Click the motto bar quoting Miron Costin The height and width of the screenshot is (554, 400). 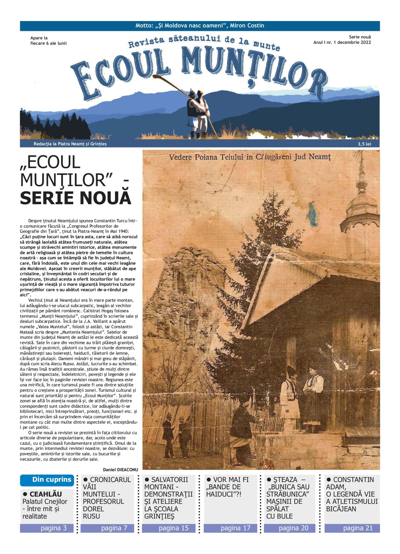tap(200, 26)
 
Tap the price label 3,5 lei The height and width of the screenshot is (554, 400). tap(364, 144)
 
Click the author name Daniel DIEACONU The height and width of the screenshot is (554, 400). tap(120, 470)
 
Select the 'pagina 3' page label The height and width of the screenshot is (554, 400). tap(53, 528)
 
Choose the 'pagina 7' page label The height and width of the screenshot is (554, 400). tap(114, 528)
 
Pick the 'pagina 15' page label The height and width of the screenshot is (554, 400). tap(173, 528)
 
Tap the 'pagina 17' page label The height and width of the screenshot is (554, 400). tap(235, 528)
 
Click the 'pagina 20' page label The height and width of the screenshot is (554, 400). tap(293, 528)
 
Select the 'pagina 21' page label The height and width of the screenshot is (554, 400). tap(358, 528)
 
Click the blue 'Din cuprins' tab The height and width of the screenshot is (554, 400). tap(51, 480)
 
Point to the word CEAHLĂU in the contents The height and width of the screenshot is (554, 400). tap(46, 494)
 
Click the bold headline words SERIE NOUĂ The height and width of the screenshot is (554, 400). tap(75, 198)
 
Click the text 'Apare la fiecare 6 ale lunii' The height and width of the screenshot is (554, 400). tap(48, 41)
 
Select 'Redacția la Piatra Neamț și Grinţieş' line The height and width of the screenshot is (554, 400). tap(70, 144)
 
